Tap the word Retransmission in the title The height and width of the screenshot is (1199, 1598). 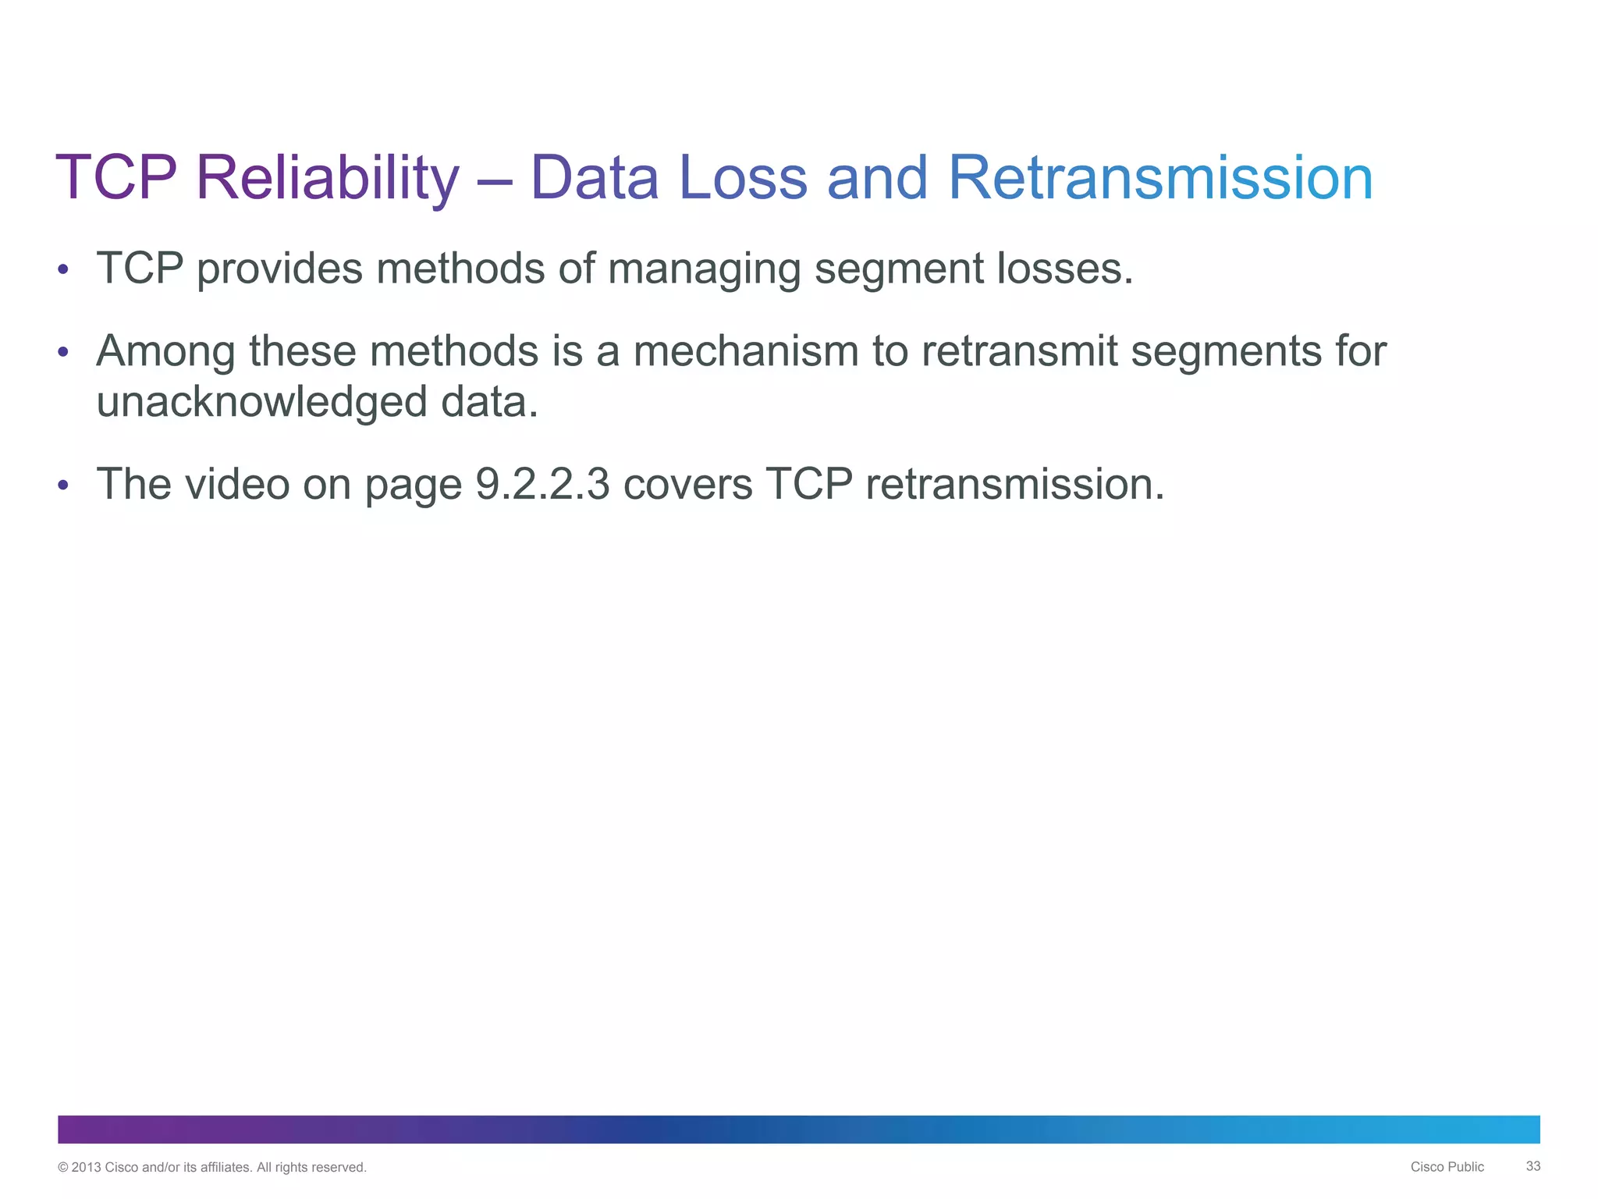1159,178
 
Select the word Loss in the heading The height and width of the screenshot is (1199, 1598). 743,178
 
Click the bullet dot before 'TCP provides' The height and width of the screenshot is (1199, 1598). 63,270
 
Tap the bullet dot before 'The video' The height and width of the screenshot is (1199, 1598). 63,486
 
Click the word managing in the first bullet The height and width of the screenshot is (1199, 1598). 704,270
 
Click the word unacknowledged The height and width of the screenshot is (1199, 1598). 261,403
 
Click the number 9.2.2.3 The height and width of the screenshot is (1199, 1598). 542,484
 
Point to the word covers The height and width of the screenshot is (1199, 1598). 687,484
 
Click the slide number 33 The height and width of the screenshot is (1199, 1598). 1532,1166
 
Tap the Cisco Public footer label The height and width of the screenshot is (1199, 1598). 1447,1167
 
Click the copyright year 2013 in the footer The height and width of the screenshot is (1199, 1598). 86,1168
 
